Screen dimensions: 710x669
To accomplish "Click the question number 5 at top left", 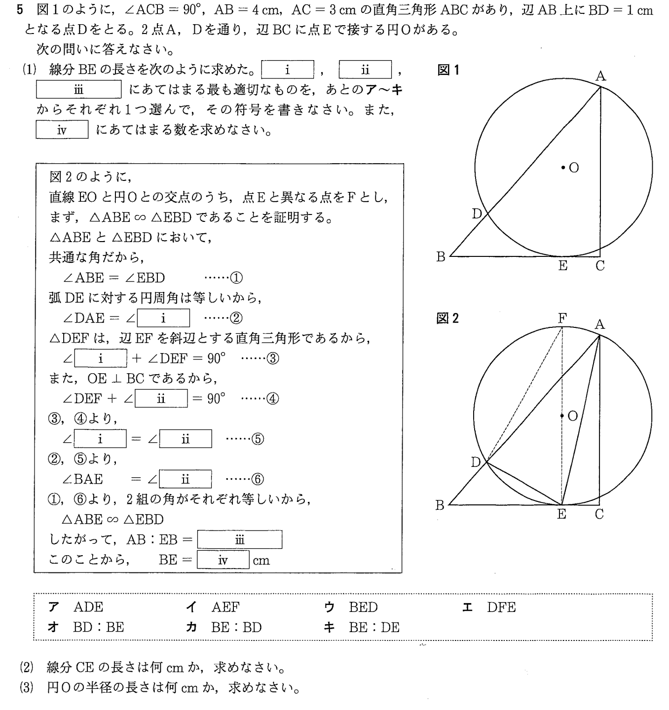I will pyautogui.click(x=20, y=11).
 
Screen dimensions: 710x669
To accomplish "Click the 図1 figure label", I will pyautogui.click(x=448, y=71).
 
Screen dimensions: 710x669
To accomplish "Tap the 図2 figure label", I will pyautogui.click(x=447, y=319).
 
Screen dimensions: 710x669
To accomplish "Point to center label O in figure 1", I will pyautogui.click(x=574, y=168).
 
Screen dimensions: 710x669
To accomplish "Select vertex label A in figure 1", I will pyautogui.click(x=600, y=76).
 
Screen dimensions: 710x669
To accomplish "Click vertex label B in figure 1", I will pyautogui.click(x=441, y=257).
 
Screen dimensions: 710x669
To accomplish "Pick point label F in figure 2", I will pyautogui.click(x=562, y=319).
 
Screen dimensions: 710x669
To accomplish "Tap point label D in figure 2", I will pyautogui.click(x=476, y=462).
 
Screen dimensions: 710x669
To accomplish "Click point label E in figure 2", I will pyautogui.click(x=561, y=515).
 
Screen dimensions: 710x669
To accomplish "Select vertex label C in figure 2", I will pyautogui.click(x=599, y=515).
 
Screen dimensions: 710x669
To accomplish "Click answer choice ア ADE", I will pyautogui.click(x=76, y=607).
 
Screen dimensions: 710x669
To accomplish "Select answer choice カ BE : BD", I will pyautogui.click(x=224, y=628).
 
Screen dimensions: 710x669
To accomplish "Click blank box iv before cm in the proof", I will pyautogui.click(x=223, y=561).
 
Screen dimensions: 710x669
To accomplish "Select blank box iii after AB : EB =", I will pyautogui.click(x=240, y=540).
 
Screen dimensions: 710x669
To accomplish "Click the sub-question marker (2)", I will pyautogui.click(x=26, y=668).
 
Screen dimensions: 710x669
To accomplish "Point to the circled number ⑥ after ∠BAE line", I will pyautogui.click(x=257, y=479).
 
